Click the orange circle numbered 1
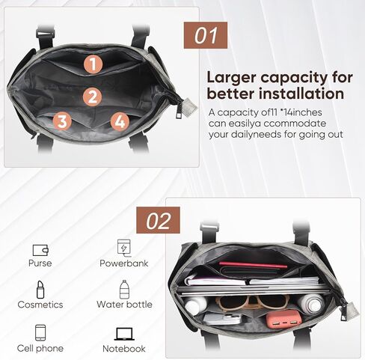click(x=92, y=64)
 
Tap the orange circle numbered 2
click(x=92, y=97)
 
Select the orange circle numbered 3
click(x=63, y=121)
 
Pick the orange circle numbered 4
click(x=119, y=121)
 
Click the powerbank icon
click(x=123, y=247)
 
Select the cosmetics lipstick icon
click(x=40, y=289)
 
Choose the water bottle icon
click(x=124, y=289)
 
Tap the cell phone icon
click(x=40, y=333)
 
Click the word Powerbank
click(x=124, y=263)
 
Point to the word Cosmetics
click(x=40, y=305)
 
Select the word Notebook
click(x=124, y=349)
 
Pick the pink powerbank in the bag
click(x=284, y=321)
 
